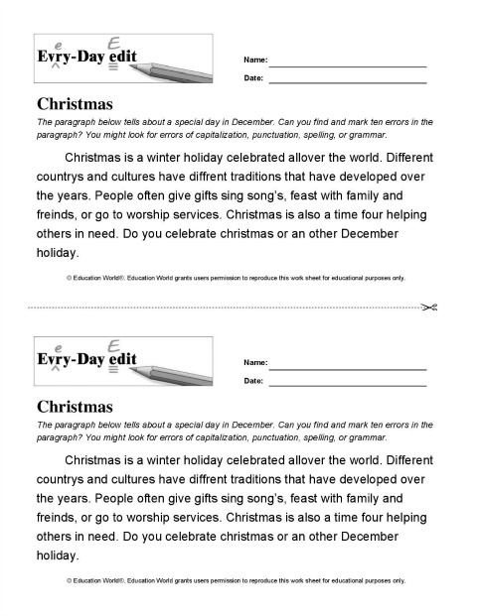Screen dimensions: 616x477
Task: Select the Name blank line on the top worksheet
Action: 347,64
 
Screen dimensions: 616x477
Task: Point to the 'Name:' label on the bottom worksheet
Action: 254,364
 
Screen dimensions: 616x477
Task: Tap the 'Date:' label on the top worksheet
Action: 253,77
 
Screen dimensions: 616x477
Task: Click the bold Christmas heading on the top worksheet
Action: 75,103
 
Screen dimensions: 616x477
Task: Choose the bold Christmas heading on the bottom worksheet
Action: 75,406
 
